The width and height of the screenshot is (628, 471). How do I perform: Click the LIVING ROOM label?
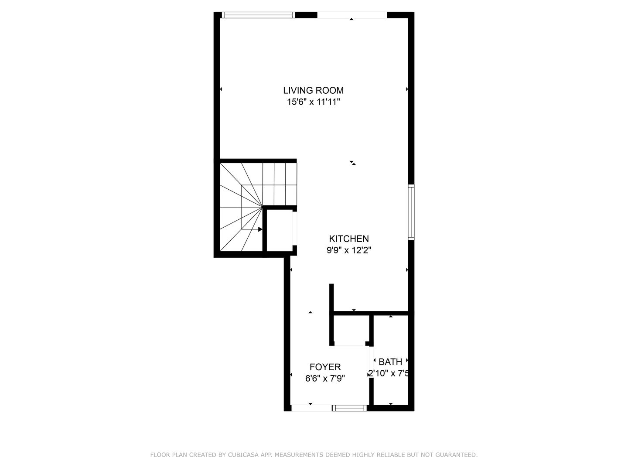coord(313,90)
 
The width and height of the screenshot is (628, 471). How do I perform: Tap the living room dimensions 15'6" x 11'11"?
coord(313,102)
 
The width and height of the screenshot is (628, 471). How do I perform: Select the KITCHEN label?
coord(348,239)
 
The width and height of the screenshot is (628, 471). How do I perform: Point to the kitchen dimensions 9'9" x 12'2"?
coord(348,250)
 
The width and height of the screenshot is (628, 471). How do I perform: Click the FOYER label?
coord(325,367)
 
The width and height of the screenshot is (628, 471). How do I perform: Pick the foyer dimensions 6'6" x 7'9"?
coord(325,379)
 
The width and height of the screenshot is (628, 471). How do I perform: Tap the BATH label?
coord(390,362)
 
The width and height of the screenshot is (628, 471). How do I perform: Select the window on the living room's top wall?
coord(258,15)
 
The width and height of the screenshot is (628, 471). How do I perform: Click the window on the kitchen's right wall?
coord(411,212)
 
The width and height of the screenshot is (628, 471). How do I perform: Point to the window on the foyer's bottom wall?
coord(349,408)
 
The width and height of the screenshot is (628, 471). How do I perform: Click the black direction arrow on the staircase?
coord(260,229)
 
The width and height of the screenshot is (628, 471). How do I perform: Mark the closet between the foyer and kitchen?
coord(351,329)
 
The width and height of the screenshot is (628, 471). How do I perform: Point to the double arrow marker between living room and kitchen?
coord(352,163)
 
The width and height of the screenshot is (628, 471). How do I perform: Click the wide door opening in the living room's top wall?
coord(352,15)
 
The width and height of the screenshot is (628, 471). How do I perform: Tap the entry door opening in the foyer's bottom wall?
coord(311,408)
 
